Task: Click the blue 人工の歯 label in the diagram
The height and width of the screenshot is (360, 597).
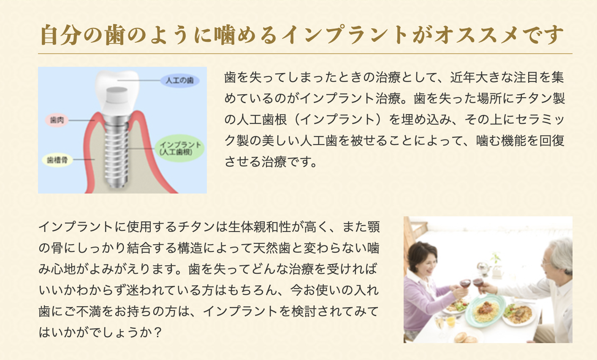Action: click(x=179, y=80)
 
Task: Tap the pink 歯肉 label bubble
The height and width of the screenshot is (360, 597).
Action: click(x=57, y=120)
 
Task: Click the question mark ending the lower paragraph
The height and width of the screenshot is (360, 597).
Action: click(x=158, y=333)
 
